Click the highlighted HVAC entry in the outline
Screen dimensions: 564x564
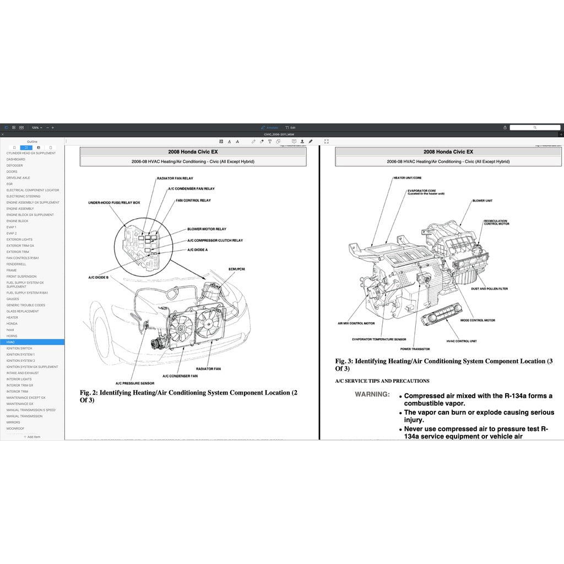point(12,342)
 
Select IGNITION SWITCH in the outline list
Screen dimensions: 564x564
point(19,348)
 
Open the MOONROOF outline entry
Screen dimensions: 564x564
point(15,429)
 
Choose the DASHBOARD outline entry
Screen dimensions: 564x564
point(16,159)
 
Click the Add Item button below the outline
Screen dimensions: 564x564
point(32,437)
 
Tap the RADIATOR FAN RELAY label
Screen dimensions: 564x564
point(175,178)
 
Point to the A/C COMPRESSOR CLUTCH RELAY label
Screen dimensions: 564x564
point(215,240)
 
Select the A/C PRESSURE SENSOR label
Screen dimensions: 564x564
point(134,383)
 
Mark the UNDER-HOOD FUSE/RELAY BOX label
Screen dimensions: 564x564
point(114,203)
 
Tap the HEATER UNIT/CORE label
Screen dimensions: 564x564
point(407,178)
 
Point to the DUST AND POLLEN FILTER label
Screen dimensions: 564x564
point(489,289)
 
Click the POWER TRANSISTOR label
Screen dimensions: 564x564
point(415,349)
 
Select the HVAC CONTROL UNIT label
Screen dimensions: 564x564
point(462,341)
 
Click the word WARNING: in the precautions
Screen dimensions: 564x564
point(372,394)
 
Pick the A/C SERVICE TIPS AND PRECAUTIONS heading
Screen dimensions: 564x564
point(382,381)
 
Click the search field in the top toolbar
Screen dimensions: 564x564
point(534,127)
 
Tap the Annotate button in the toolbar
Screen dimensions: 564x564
point(269,127)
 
